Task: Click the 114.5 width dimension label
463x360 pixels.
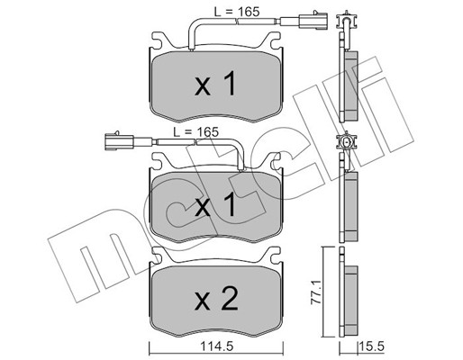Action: [216, 346]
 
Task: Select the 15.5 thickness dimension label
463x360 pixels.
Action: [372, 346]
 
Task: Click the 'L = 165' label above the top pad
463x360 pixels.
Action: [237, 12]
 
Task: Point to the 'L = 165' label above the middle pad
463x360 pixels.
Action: [196, 132]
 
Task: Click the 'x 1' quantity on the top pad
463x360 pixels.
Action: [215, 85]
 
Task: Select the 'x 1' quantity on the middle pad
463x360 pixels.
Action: [215, 204]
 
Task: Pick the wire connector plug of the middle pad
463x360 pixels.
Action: [120, 141]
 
